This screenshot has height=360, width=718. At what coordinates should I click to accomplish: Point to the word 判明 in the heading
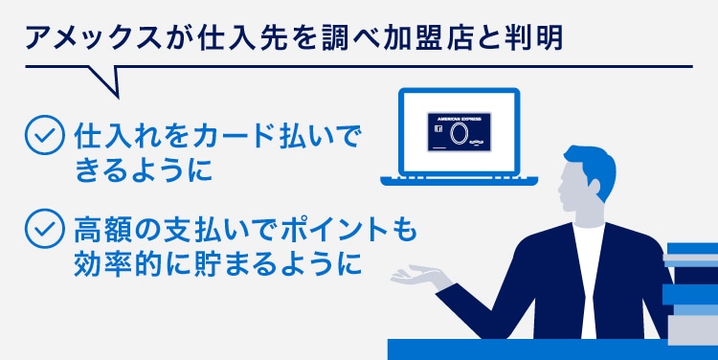point(531,40)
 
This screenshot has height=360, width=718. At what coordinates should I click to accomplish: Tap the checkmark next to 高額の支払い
point(40,231)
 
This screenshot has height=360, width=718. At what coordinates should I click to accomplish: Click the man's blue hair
point(592,167)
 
